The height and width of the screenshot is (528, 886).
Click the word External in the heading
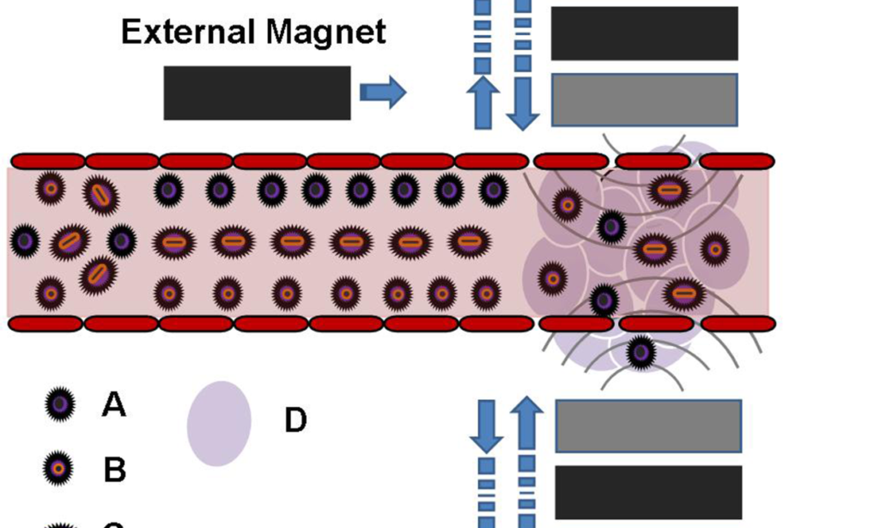[189, 32]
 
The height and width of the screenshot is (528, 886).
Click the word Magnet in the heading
[325, 32]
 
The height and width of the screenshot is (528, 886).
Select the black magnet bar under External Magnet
[257, 93]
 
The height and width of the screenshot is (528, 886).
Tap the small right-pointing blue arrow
[383, 92]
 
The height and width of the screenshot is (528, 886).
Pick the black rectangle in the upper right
[644, 33]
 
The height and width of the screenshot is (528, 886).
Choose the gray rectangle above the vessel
[644, 100]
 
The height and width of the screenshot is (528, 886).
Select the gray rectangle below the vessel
[648, 425]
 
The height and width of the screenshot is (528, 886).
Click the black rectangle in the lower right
[648, 492]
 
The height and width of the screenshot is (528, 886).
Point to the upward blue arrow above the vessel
[483, 101]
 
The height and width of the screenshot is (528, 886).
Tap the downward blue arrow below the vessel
[487, 426]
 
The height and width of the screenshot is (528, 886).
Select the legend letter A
[114, 404]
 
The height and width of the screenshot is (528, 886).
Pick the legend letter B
[115, 470]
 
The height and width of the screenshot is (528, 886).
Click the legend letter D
[295, 421]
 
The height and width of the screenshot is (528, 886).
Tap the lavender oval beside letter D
[219, 423]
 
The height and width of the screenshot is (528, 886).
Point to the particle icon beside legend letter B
[58, 469]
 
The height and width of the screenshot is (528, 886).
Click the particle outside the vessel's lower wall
[640, 351]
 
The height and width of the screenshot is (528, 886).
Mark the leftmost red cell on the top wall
[48, 161]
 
